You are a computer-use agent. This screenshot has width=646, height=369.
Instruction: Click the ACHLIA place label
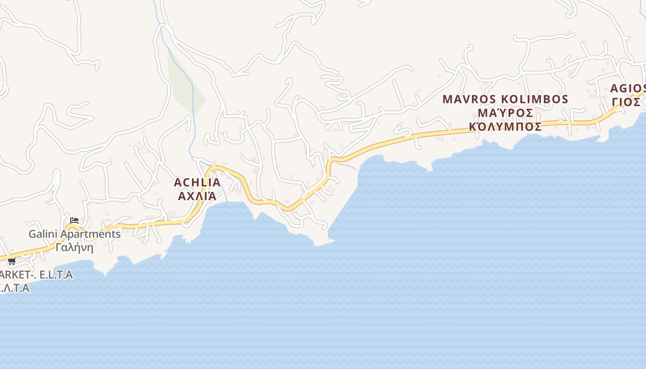(197, 183)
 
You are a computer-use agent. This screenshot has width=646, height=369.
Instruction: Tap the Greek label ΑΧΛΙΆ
(197, 196)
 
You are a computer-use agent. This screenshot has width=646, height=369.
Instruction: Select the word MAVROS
(469, 99)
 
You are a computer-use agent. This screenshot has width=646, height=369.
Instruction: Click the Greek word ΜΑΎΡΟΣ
(505, 113)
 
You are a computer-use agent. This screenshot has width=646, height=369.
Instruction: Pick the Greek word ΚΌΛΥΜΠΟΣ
(505, 126)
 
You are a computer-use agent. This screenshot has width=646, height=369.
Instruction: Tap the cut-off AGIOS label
(628, 89)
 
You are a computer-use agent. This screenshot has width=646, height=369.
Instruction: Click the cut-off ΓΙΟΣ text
(627, 102)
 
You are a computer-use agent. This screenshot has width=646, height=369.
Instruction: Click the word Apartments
(92, 234)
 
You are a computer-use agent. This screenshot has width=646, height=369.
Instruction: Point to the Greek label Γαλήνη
(74, 248)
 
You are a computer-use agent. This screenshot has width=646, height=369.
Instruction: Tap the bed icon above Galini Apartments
(74, 220)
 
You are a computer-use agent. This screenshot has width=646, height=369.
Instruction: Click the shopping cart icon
(12, 262)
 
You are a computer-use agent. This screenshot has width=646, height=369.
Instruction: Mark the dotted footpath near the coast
(346, 165)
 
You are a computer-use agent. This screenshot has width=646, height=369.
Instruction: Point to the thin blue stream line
(191, 115)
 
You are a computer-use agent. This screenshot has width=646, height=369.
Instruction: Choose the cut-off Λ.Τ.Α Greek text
(14, 288)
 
